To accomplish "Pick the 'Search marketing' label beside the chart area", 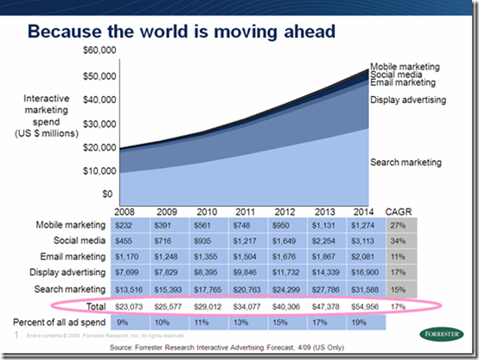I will point(406,163).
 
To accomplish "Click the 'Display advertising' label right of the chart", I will point(408,100).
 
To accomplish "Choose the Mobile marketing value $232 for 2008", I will point(124,225).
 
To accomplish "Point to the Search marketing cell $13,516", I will point(126,289).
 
